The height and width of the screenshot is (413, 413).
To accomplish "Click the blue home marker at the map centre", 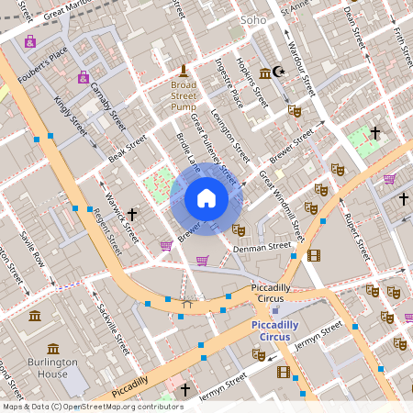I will [x=206, y=197].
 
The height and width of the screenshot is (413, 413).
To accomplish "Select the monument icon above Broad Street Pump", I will [x=184, y=71].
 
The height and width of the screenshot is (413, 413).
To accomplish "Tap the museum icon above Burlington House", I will [x=53, y=349].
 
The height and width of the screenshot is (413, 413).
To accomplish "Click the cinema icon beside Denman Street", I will [x=314, y=255].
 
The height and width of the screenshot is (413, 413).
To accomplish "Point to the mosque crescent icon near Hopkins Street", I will [x=280, y=73].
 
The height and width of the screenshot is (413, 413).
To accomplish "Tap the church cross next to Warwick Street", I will [x=132, y=215].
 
